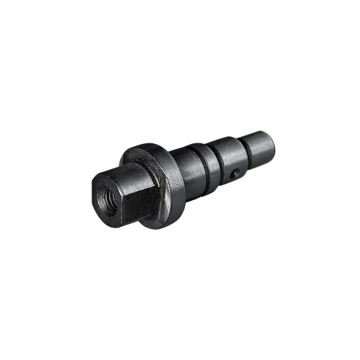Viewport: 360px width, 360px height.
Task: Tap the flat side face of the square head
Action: (x=133, y=198)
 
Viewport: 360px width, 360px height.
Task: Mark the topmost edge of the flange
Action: (x=148, y=146)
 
